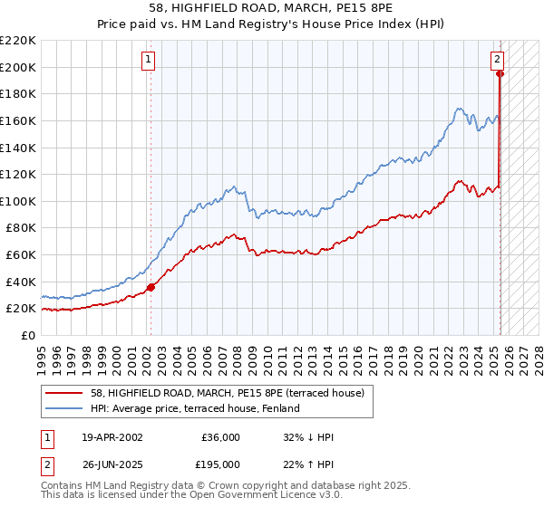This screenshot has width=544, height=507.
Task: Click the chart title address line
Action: point(272,8)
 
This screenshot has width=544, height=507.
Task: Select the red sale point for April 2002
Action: point(151,287)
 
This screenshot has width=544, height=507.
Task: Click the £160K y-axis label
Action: point(18,120)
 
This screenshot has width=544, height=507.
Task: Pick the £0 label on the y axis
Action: point(27,335)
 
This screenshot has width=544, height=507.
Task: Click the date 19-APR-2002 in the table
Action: point(112,436)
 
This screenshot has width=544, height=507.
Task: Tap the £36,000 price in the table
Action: point(220,436)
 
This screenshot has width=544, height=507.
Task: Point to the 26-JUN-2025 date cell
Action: point(112,464)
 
